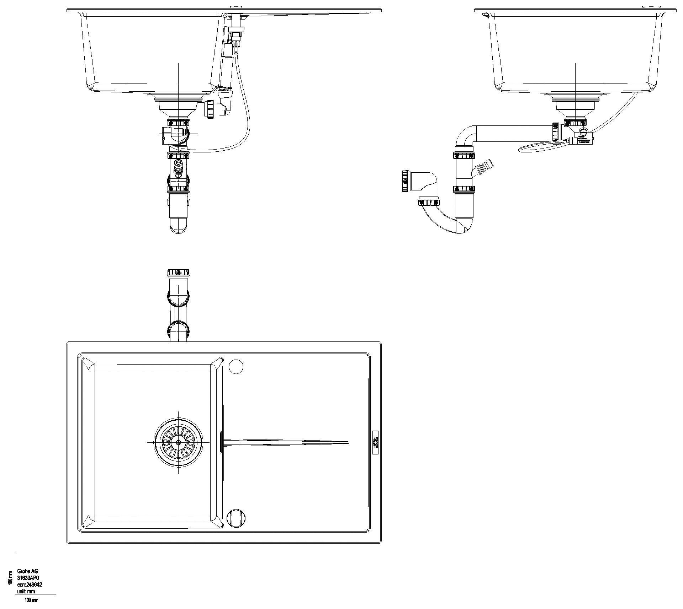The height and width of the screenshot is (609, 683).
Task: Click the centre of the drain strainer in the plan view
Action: pos(178,442)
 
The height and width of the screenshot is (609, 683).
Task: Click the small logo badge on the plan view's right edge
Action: pos(375,442)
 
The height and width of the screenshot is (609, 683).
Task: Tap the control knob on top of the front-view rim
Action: pos(236,7)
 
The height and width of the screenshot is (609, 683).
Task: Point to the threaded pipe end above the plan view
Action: pos(178,273)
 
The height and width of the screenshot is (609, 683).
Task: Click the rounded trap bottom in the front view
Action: pos(178,227)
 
